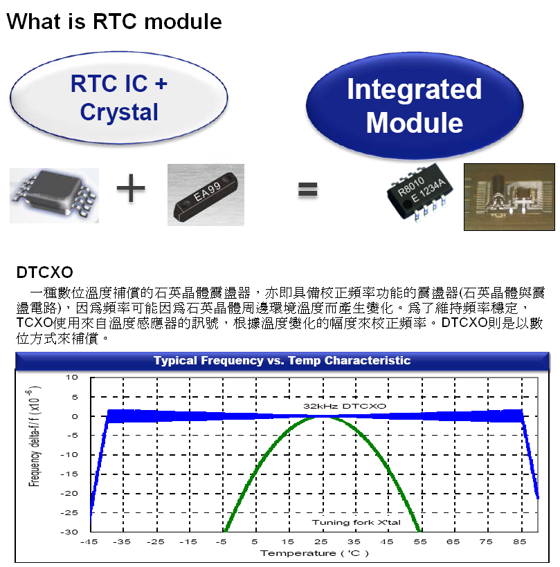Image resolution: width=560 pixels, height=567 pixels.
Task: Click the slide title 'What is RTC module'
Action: tap(114, 21)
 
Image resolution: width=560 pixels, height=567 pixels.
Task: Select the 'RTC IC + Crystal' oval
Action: tap(119, 97)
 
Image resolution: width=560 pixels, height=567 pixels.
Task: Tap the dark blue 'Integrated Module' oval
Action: tap(414, 106)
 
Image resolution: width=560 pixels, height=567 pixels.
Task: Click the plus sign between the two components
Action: tap(132, 189)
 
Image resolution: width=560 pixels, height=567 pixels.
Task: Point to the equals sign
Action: tap(308, 189)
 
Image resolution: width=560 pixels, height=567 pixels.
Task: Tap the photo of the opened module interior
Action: tap(509, 197)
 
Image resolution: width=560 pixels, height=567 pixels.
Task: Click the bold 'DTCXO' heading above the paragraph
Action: tap(44, 270)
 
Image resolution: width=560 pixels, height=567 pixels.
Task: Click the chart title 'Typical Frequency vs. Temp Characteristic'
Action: tap(282, 360)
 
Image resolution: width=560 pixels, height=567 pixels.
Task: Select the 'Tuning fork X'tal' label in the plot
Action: tap(365, 522)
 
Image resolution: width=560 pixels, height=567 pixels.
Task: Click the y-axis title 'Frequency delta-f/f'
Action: tap(34, 435)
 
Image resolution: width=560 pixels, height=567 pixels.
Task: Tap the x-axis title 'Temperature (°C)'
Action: tap(314, 553)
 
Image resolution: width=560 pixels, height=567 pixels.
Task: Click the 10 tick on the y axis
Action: tap(71, 378)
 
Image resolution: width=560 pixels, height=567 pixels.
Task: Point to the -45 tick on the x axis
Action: tap(90, 542)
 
